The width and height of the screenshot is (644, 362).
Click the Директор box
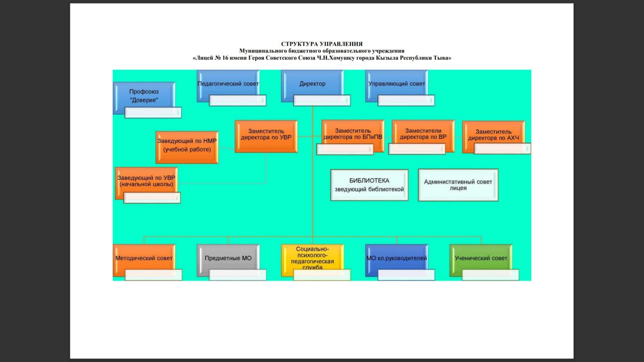(x=312, y=84)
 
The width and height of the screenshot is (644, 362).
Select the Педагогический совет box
(x=228, y=84)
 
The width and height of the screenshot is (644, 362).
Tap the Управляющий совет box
(x=396, y=84)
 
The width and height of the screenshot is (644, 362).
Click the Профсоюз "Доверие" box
(x=144, y=96)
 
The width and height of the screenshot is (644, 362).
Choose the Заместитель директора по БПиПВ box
(x=353, y=133)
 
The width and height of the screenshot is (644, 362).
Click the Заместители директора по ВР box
(x=423, y=133)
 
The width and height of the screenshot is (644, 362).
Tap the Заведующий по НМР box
(x=187, y=146)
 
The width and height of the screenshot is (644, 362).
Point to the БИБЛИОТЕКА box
(x=369, y=185)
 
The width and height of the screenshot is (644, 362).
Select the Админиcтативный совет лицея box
(x=458, y=185)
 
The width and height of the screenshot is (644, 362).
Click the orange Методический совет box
(x=144, y=258)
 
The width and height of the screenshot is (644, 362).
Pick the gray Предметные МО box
(x=228, y=258)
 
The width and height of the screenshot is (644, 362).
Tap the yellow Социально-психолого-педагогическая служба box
(x=312, y=258)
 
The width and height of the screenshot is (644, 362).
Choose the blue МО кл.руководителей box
(x=396, y=258)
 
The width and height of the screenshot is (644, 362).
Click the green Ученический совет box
(x=481, y=258)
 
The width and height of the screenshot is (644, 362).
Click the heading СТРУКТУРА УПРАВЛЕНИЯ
(x=321, y=44)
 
